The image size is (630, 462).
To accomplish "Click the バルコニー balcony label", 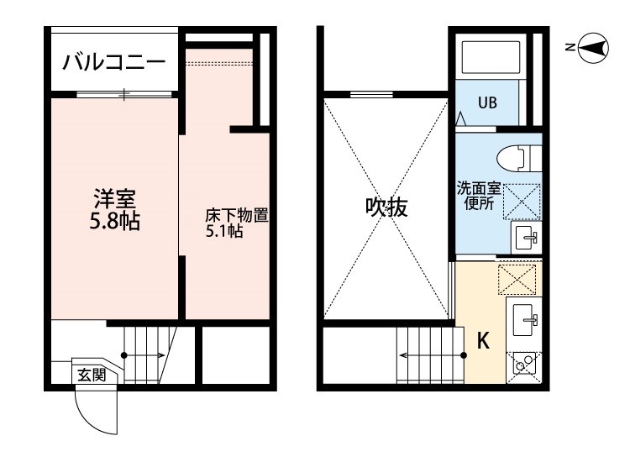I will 114,63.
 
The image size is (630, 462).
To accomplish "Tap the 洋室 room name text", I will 115,201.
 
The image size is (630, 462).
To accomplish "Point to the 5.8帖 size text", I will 115,223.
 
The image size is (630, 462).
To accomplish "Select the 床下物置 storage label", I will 237,216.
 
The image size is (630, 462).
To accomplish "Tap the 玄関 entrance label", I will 92,375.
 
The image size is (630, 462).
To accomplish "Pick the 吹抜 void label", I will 386,207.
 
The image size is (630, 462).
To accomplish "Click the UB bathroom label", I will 487,104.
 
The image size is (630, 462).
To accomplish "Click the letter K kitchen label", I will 483,341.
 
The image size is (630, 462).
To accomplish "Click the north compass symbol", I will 593,48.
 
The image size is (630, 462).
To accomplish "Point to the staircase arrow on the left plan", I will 146,355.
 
